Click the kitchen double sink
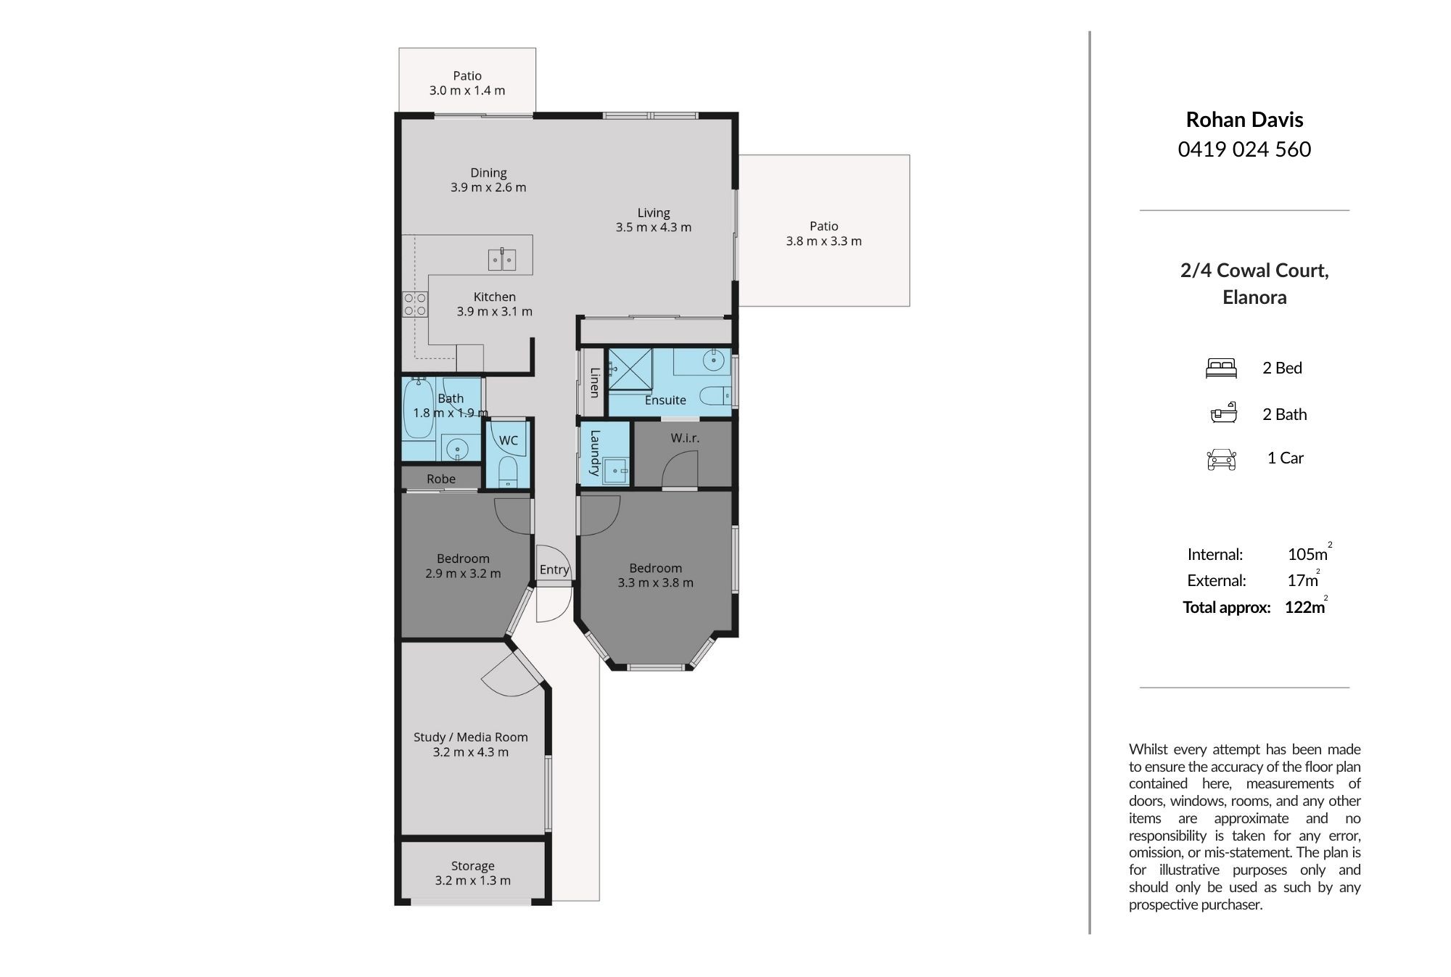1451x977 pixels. coord(501,259)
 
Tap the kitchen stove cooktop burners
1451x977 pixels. coord(415,304)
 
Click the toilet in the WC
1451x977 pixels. coord(508,471)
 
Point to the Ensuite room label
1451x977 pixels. coord(665,400)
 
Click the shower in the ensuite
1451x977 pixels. coord(630,370)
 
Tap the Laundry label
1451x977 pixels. coord(595,453)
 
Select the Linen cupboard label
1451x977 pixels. coord(594,382)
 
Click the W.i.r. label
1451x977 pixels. coord(685,438)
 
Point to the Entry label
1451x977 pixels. coord(554,570)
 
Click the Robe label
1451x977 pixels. coord(441,479)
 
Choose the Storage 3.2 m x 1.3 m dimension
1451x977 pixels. coord(473,881)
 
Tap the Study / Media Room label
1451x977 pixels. coord(471,737)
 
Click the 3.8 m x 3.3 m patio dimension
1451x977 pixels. coord(824,241)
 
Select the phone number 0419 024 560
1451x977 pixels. coord(1244,149)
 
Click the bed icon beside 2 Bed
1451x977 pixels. coord(1221,368)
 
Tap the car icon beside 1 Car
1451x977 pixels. coord(1221,459)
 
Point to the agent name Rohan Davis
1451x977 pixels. coord(1244,120)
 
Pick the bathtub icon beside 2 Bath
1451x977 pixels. coord(1223,413)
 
